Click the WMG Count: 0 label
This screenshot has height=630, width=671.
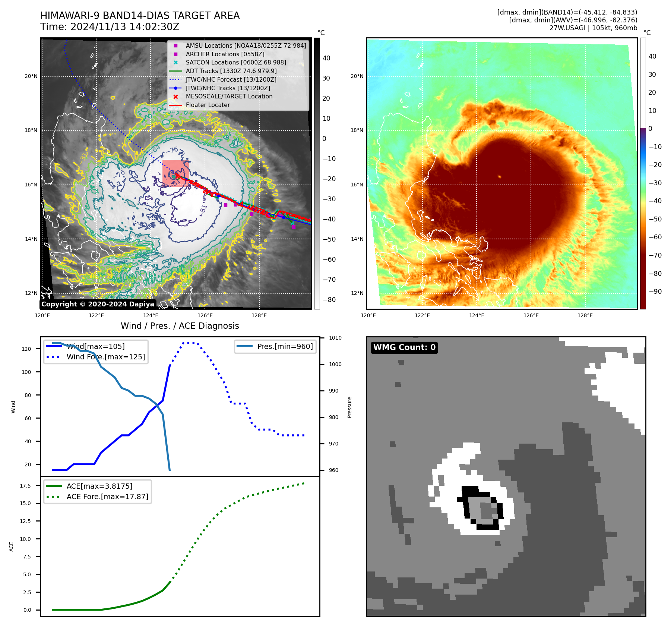pyautogui.click(x=404, y=347)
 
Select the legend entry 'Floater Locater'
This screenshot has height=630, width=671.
pyautogui.click(x=208, y=105)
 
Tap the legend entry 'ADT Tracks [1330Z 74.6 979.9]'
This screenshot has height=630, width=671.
pyautogui.click(x=231, y=71)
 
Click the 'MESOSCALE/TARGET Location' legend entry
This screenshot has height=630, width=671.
pyautogui.click(x=229, y=97)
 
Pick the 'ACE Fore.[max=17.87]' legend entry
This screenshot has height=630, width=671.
pyautogui.click(x=107, y=497)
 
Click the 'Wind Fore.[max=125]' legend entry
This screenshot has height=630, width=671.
pyautogui.click(x=105, y=357)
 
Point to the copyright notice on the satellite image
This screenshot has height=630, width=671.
pyautogui.click(x=98, y=304)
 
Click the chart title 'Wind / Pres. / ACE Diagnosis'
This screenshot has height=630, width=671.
pyautogui.click(x=180, y=326)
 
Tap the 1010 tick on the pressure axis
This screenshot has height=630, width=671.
pyautogui.click(x=335, y=338)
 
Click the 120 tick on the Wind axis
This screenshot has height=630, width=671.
pyautogui.click(x=26, y=349)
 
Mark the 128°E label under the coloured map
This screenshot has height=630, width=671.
pyautogui.click(x=585, y=315)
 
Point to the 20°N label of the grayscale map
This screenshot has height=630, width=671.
pyautogui.click(x=31, y=76)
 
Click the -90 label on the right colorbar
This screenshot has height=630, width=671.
pyautogui.click(x=655, y=292)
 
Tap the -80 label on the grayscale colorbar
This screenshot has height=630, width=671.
pyautogui.click(x=329, y=300)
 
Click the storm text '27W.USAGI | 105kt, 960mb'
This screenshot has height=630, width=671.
pyautogui.click(x=593, y=28)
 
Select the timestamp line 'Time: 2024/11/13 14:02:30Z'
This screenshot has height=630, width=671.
pyautogui.click(x=110, y=27)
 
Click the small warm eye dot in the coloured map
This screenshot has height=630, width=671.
pyautogui.click(x=500, y=177)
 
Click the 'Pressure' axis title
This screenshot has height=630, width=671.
pyautogui.click(x=349, y=407)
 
